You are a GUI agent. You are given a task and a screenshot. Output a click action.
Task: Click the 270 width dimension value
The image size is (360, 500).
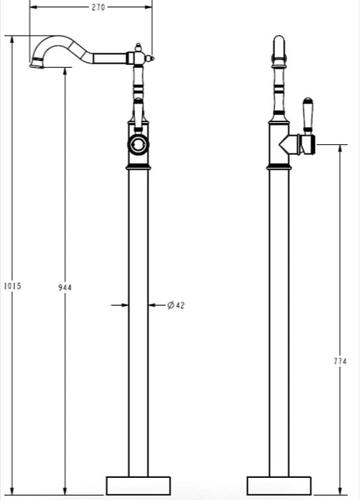tap(98, 7)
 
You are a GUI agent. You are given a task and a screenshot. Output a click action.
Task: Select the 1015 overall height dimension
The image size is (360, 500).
tap(12, 286)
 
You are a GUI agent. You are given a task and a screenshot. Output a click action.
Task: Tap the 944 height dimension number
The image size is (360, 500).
tap(65, 287)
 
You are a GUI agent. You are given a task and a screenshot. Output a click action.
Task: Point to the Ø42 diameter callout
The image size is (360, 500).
tap(176, 305)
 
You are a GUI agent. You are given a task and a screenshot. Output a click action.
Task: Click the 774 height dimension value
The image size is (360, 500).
tap(340, 361)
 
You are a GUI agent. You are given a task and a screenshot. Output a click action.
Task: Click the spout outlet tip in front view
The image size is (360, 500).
tap(36, 65)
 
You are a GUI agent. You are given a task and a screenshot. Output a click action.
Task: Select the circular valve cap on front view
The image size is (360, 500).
tap(138, 145)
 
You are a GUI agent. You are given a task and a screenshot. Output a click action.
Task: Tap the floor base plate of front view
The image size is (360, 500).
tap(138, 486)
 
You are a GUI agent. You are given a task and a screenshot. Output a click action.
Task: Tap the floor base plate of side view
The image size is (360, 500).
tap(279, 486)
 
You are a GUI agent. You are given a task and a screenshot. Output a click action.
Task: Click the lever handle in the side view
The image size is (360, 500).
tap(308, 116)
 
